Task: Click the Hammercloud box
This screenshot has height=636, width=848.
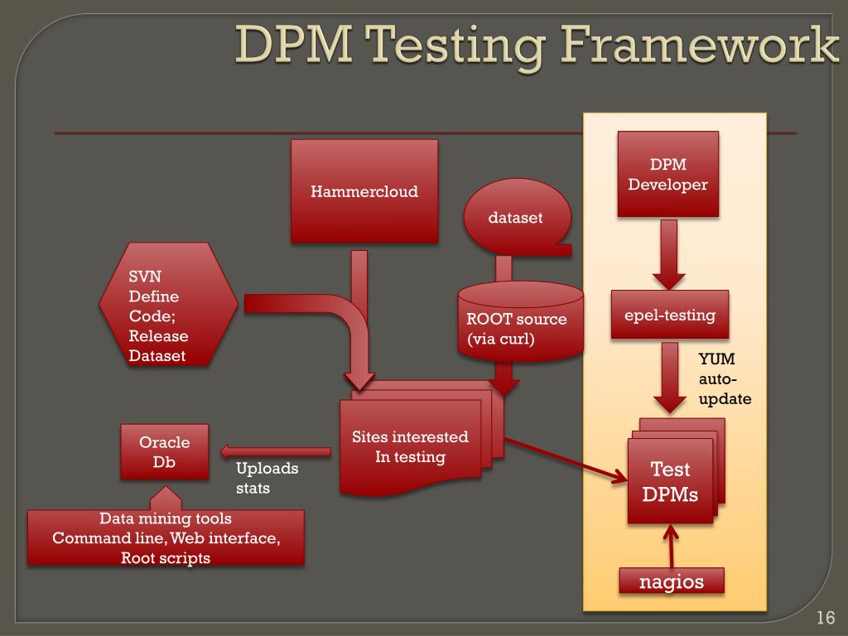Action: click(x=364, y=191)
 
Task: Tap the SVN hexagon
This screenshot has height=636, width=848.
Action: click(x=168, y=304)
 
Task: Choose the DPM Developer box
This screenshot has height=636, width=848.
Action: click(x=667, y=174)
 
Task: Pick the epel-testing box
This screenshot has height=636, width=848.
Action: click(x=669, y=315)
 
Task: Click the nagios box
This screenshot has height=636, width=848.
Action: click(x=671, y=581)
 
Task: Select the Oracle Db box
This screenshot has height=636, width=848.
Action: click(x=164, y=452)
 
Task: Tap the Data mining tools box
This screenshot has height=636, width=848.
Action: click(x=166, y=537)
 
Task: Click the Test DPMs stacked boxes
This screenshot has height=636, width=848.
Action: click(x=670, y=481)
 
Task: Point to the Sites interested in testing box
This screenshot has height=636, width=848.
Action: click(x=411, y=447)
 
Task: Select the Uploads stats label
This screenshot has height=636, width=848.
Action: click(x=267, y=478)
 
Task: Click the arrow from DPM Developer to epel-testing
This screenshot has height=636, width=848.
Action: click(x=667, y=253)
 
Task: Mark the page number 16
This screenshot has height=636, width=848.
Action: click(x=824, y=618)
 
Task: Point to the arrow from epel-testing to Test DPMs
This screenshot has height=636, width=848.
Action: click(x=669, y=377)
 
